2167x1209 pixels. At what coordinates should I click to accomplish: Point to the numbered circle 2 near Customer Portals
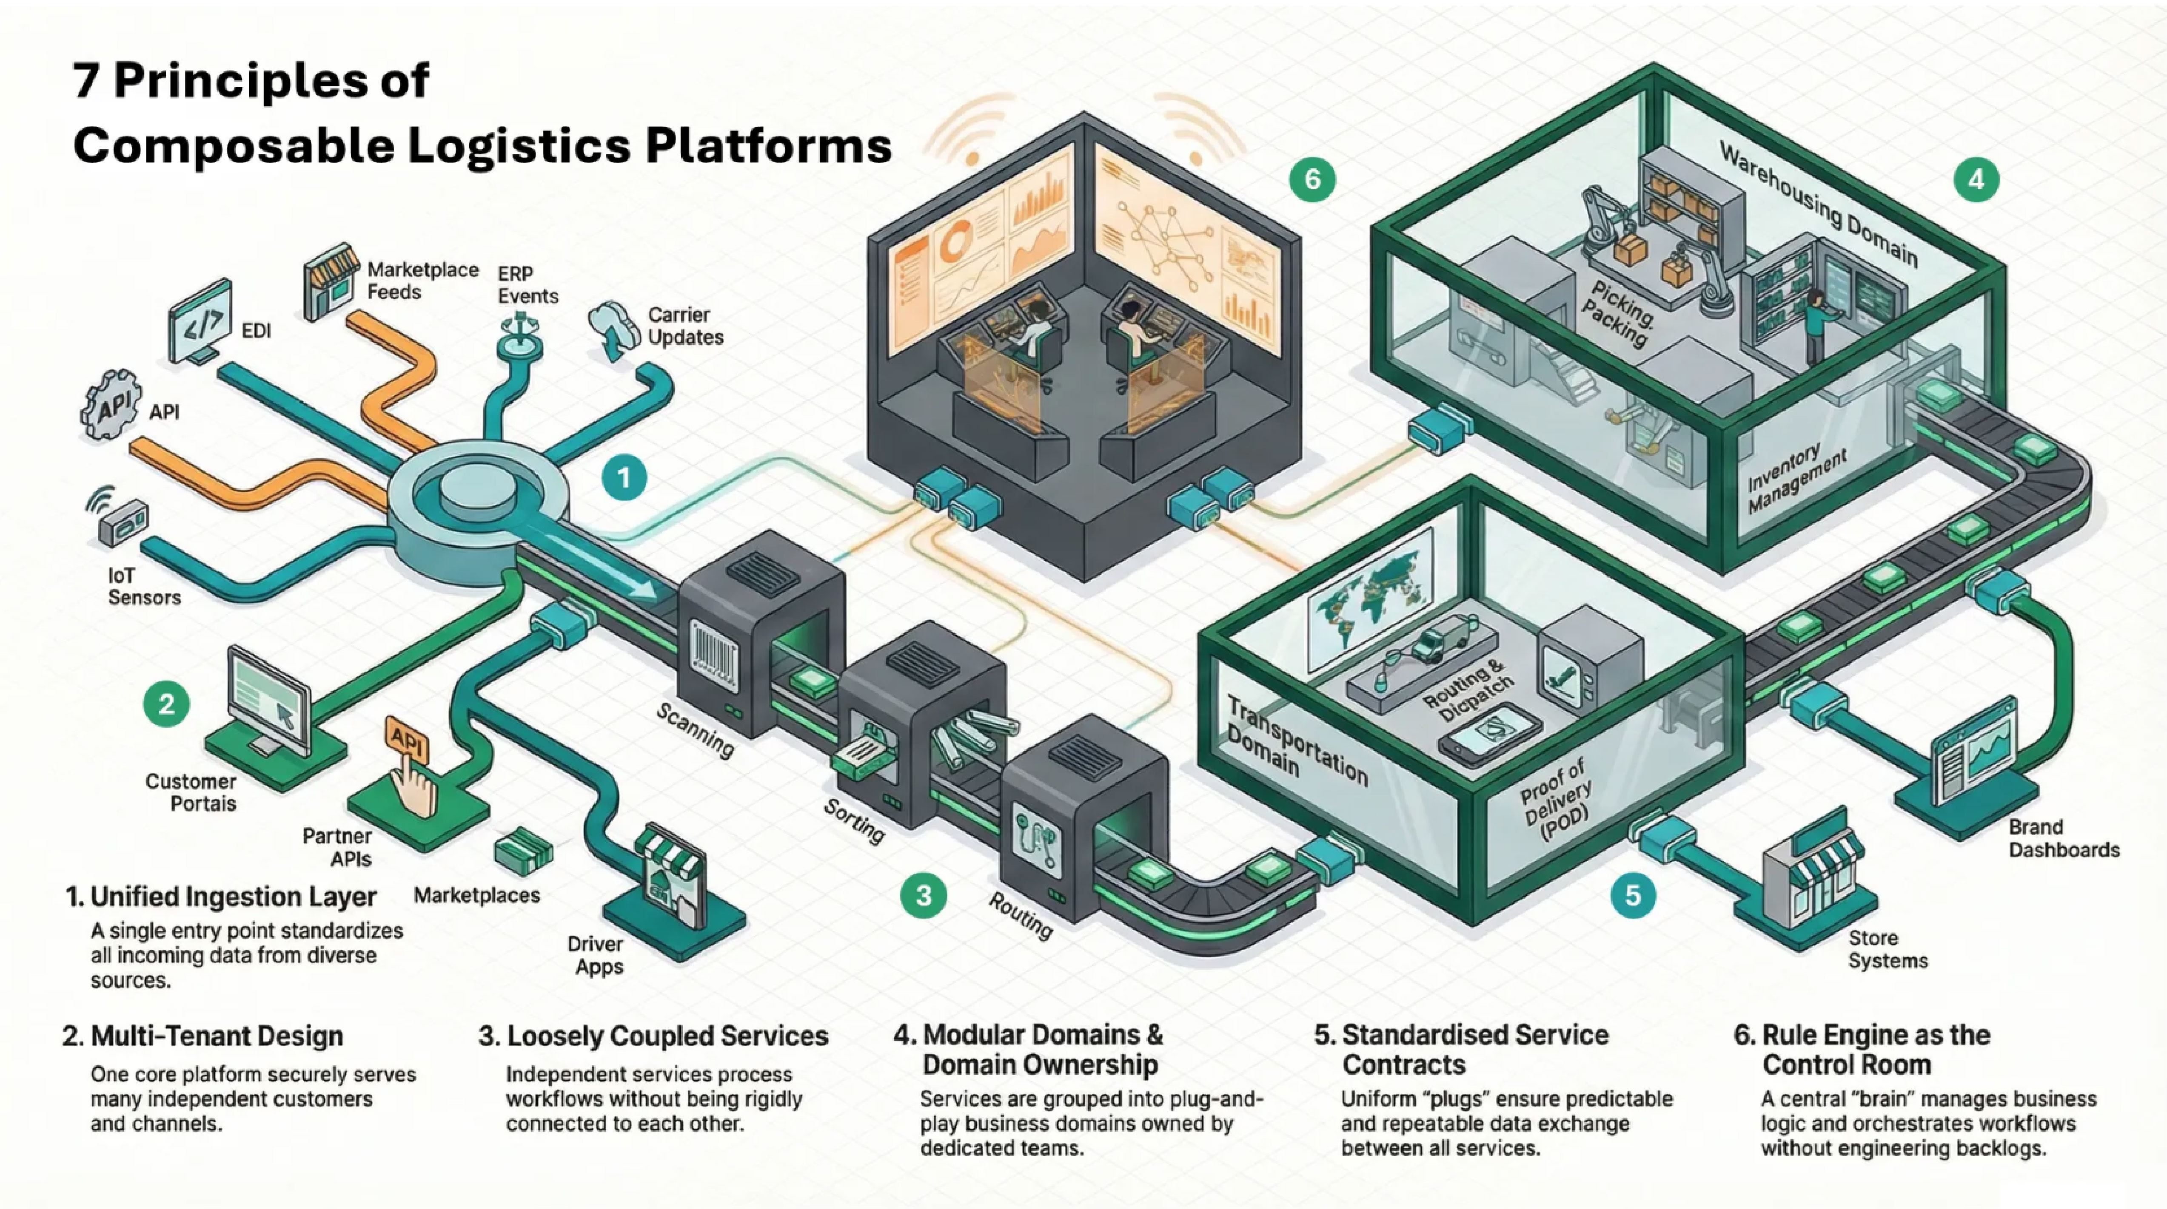pos(167,704)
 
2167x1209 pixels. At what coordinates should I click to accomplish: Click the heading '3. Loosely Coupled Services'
pos(654,1036)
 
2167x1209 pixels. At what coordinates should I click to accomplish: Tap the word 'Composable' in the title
pos(233,145)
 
